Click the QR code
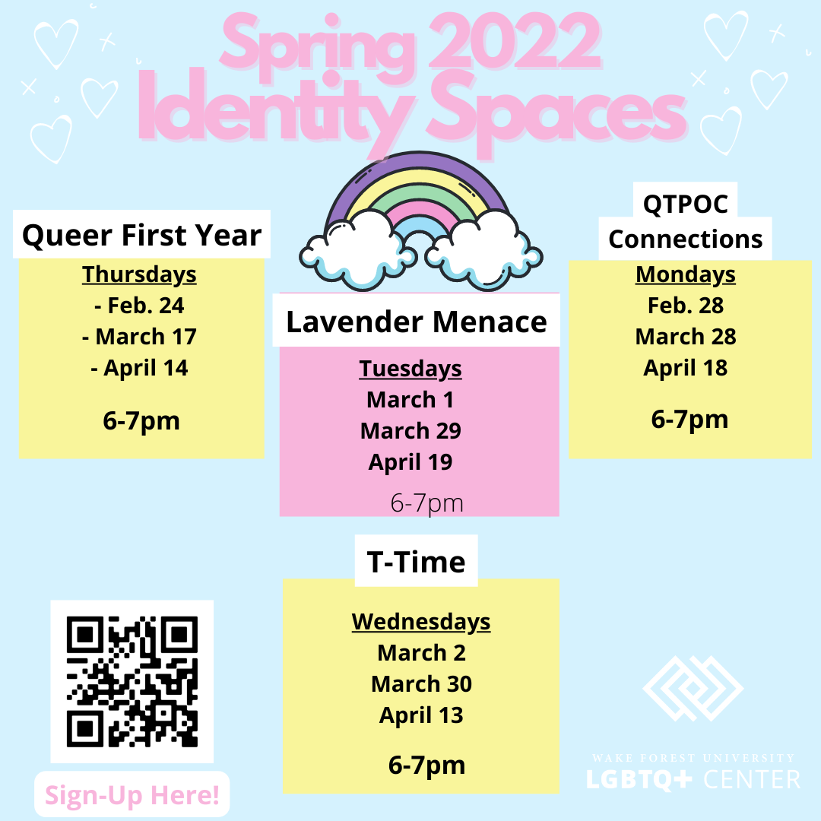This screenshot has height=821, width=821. pos(132,681)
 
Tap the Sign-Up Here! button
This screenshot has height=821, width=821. pos(132,794)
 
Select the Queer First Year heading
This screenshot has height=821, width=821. pos(141,235)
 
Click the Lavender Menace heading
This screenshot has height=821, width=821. pos(417,321)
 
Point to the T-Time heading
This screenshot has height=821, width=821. pos(417,562)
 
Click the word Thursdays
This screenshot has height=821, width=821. pos(139,274)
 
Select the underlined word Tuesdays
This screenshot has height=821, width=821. pos(410,369)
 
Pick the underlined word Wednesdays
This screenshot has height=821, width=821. pos(421,622)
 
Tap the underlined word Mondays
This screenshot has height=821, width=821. pos(686,274)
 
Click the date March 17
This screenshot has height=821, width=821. pos(139,337)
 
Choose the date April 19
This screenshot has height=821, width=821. pos(410,462)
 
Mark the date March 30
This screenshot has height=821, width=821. pos(421,684)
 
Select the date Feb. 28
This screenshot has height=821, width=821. pos(686,306)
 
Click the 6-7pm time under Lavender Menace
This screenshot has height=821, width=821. pos(426,503)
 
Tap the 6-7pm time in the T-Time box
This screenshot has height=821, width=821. pos(426,765)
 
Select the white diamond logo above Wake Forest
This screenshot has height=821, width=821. pos(693,688)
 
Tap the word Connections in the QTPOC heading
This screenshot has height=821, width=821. pos(685,239)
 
